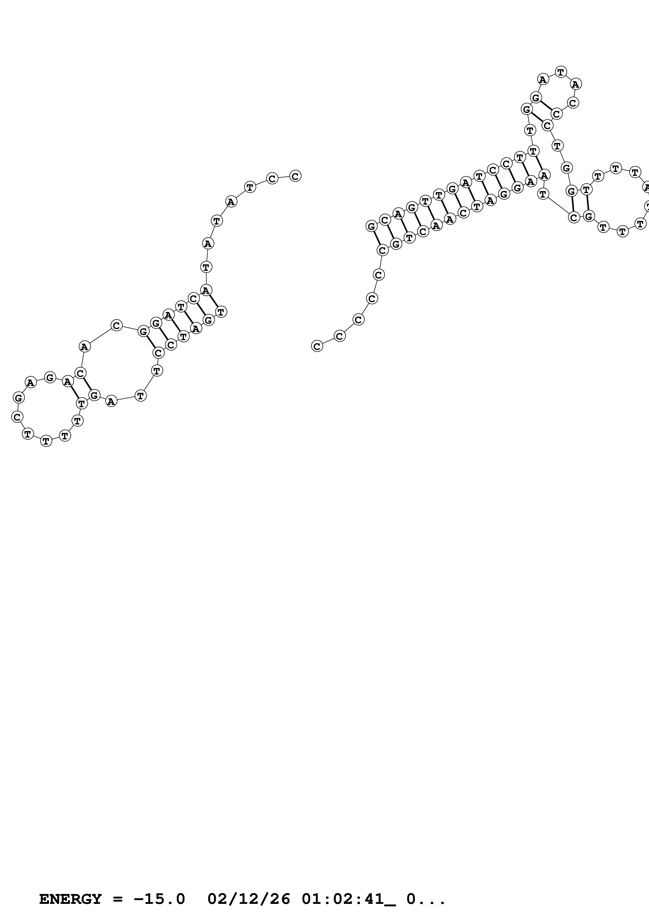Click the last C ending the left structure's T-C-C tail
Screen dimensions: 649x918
295,176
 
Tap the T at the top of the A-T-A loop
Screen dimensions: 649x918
561,72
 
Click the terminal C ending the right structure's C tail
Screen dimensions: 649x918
317,346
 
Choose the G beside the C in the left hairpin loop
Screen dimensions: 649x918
18,398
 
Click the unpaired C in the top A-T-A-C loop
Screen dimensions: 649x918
573,103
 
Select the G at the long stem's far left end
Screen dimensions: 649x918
371,226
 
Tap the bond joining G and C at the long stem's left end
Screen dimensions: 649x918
377,238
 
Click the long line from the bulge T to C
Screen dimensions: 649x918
558,206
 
